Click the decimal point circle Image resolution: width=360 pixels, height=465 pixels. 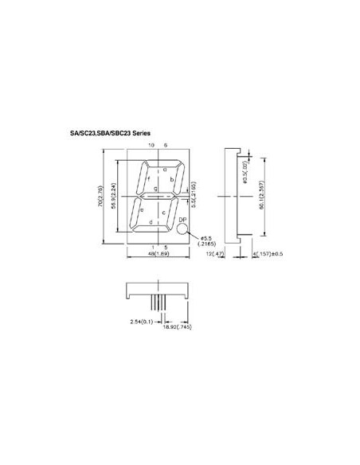(183, 230)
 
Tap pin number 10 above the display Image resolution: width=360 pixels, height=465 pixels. (151, 146)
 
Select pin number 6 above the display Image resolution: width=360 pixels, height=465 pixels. (166, 146)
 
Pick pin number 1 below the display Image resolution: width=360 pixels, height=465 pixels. (152, 247)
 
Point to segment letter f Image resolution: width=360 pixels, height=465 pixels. (148, 179)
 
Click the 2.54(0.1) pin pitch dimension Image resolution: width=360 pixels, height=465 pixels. (143, 319)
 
